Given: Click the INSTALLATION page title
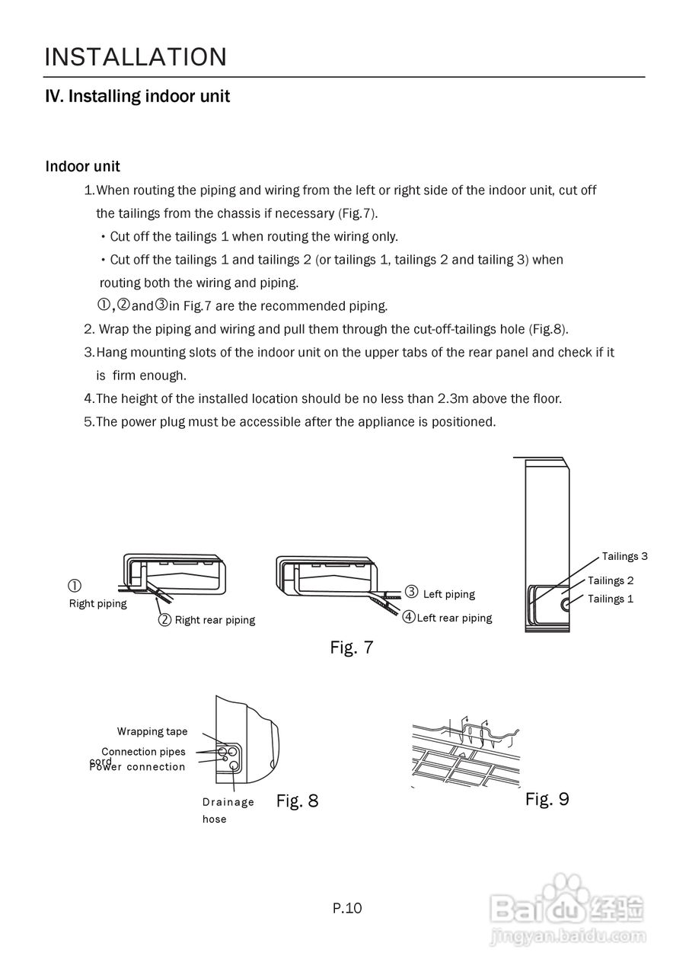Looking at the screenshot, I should (x=136, y=57).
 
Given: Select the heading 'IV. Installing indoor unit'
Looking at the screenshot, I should (x=138, y=97).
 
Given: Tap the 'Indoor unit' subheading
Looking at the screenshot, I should (x=82, y=166).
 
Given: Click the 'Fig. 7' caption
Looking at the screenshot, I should (x=351, y=647).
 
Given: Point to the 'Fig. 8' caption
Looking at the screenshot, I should (x=297, y=801).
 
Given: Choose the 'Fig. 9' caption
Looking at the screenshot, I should (x=547, y=799).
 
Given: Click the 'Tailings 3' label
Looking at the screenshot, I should (x=624, y=557).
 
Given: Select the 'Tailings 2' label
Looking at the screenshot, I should (x=611, y=581).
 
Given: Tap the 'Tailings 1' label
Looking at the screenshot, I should (x=611, y=599).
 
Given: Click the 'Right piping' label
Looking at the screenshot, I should (x=98, y=604).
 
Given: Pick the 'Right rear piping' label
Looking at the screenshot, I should (x=215, y=620).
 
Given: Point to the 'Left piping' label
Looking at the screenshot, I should (x=448, y=594).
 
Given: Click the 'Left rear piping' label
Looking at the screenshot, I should (x=455, y=618).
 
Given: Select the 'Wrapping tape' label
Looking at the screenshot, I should (x=152, y=732).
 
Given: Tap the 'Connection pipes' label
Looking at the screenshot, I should (x=143, y=752).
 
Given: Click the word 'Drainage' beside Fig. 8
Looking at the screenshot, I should (x=228, y=802).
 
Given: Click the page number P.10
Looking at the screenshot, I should (x=347, y=908).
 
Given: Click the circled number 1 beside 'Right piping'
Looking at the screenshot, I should (x=75, y=586).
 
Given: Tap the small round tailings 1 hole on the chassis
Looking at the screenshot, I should (x=567, y=604).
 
